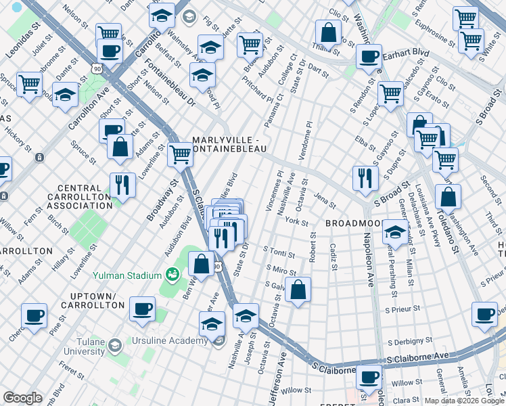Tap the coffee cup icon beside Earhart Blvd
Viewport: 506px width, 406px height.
pyautogui.click(x=369, y=57)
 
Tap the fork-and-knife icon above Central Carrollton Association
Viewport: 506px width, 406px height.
pyautogui.click(x=122, y=184)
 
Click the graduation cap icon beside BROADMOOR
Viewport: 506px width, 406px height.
pyautogui.click(x=395, y=232)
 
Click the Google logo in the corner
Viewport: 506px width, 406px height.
pyautogui.click(x=23, y=398)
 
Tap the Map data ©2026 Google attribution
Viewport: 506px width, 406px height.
pyautogui.click(x=463, y=401)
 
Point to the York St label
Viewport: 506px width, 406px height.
pyautogui.click(x=296, y=222)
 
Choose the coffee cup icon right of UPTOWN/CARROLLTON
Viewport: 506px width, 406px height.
pyautogui.click(x=142, y=309)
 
